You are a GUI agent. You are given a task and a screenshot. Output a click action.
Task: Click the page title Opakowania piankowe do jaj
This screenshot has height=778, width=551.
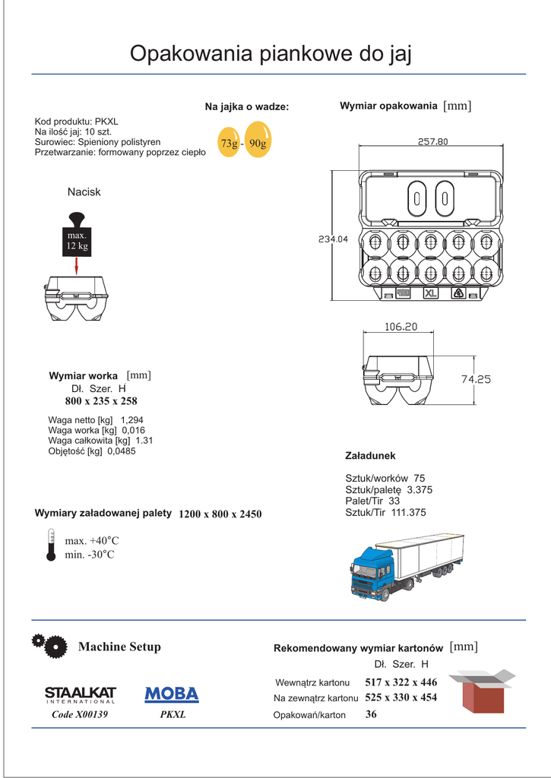[x=271, y=54]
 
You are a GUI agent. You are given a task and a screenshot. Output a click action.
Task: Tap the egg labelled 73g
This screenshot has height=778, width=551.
[x=228, y=143]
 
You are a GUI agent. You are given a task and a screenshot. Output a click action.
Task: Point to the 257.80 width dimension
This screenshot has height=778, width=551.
[x=432, y=141]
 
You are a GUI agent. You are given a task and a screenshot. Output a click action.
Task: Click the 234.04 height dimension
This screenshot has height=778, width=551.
[x=333, y=239]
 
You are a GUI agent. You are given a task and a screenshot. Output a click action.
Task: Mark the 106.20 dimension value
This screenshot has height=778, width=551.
[x=401, y=327]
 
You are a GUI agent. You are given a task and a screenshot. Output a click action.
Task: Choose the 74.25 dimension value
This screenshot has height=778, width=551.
[x=476, y=379]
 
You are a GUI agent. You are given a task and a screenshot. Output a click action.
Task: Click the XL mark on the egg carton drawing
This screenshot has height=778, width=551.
[x=431, y=293]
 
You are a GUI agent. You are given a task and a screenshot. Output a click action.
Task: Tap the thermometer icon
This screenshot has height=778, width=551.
[x=51, y=546]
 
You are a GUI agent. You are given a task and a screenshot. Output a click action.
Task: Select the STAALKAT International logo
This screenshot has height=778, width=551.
[x=80, y=695]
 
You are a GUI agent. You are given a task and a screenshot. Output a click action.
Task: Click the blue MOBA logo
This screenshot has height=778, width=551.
[x=172, y=694]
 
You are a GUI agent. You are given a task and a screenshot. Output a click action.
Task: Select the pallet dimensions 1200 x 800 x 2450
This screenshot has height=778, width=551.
[x=220, y=514]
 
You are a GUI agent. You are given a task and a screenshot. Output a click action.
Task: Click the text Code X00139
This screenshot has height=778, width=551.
[x=80, y=715]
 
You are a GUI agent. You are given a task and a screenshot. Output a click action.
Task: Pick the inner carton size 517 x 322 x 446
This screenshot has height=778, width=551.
[x=401, y=682]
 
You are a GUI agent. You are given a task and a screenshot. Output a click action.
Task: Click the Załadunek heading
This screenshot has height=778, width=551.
[x=370, y=456]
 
